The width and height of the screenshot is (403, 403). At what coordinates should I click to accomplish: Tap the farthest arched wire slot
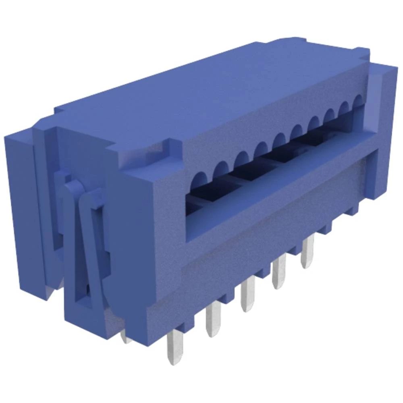pyautogui.click(x=357, y=100)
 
